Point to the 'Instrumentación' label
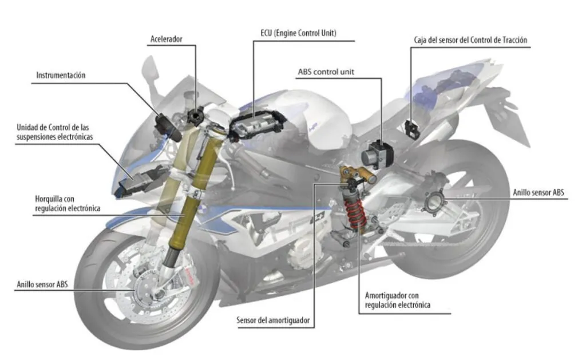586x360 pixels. (x=61, y=75)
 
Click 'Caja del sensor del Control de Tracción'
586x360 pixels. (x=470, y=41)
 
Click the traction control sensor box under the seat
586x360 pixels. (x=411, y=128)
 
